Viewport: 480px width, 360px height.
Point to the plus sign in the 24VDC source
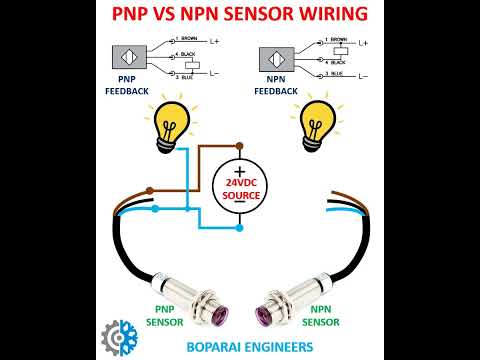coord(240,172)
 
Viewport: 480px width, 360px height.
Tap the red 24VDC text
coord(241,184)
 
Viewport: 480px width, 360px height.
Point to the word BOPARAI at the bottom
coord(196,346)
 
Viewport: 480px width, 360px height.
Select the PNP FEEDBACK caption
coord(128,84)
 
